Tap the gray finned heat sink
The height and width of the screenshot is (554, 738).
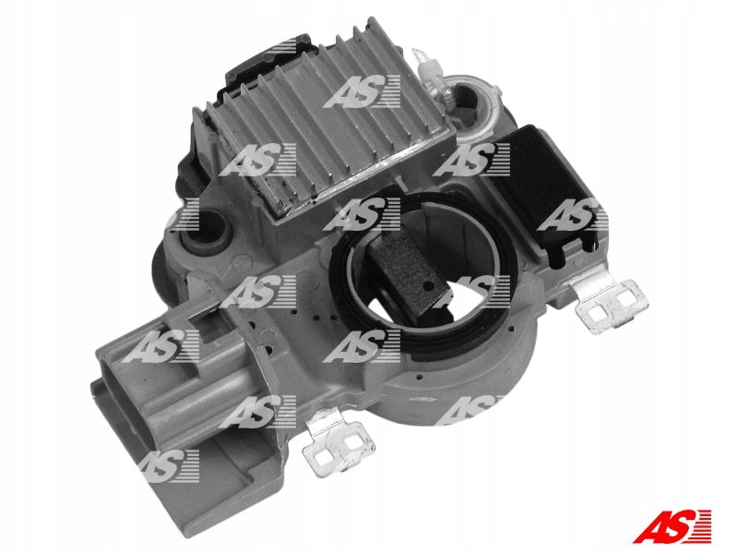[x=325, y=118]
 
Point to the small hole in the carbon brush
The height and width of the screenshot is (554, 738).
[x=427, y=286]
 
